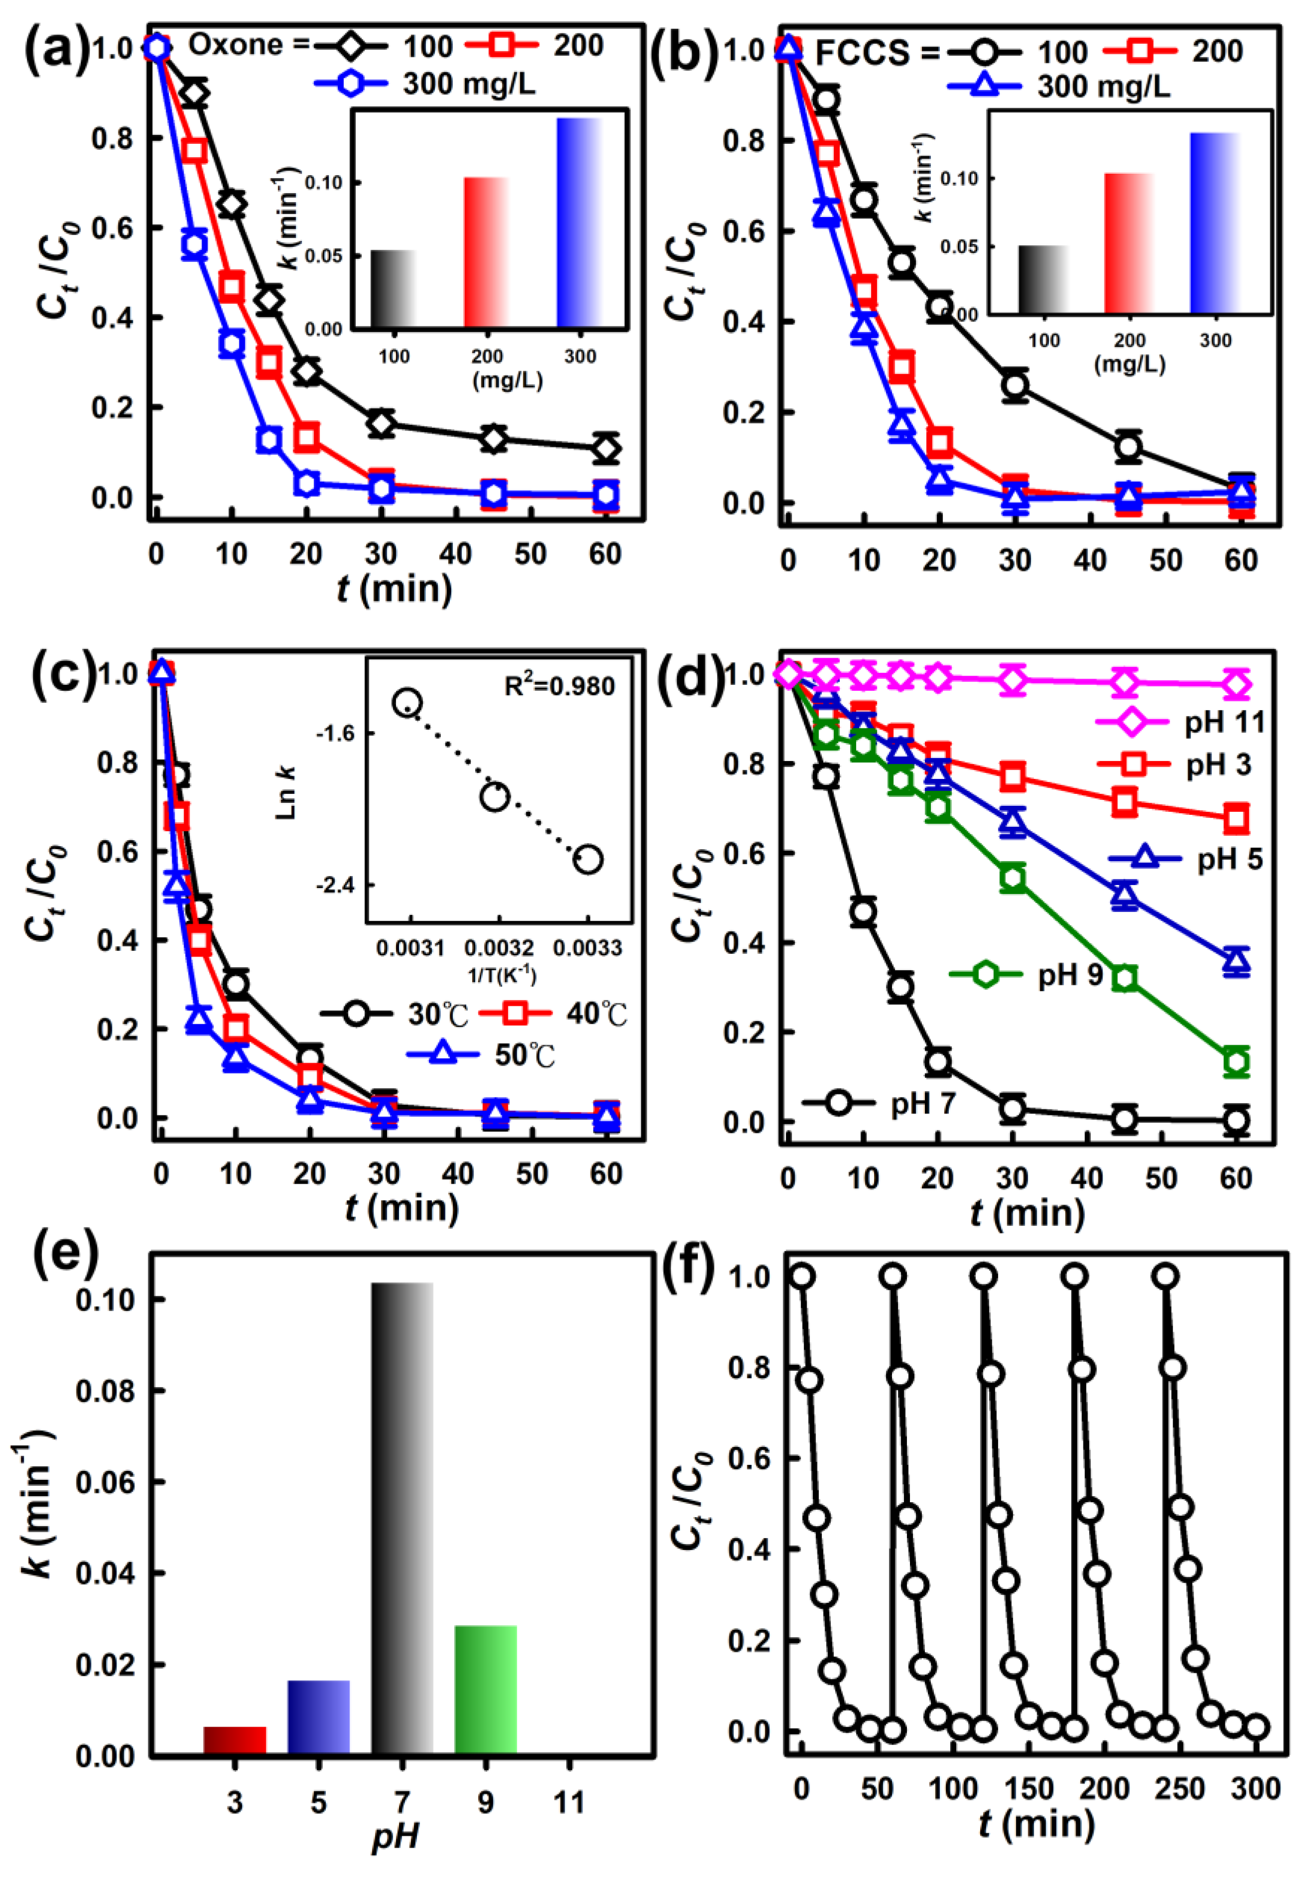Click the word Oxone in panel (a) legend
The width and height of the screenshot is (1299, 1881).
click(236, 45)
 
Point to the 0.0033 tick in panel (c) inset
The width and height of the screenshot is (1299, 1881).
click(588, 948)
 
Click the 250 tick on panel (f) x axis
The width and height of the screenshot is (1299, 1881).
click(1180, 1789)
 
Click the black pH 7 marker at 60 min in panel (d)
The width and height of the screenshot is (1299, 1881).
click(1235, 1120)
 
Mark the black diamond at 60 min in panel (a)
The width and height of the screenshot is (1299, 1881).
click(605, 448)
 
